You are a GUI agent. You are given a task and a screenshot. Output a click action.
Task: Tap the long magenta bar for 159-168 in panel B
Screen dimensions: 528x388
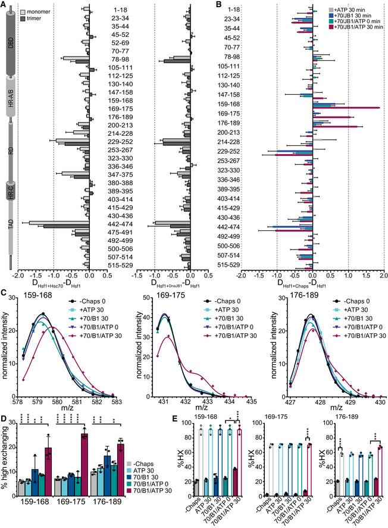coord(346,108)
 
